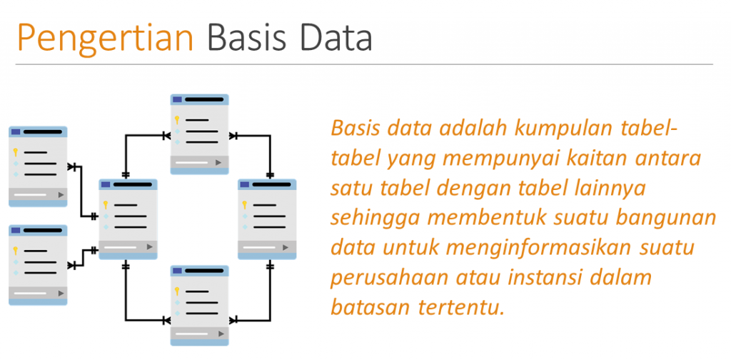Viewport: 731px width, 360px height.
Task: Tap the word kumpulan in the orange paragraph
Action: click(x=560, y=130)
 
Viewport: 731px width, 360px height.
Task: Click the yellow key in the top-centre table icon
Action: click(x=176, y=119)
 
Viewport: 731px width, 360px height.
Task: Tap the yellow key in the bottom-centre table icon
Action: click(x=176, y=291)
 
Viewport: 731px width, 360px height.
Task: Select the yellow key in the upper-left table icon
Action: click(x=14, y=151)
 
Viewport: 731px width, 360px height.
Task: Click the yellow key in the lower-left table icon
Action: click(x=14, y=250)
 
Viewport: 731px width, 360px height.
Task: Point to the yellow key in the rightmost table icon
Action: click(x=245, y=205)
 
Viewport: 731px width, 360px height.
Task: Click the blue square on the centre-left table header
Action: click(x=106, y=184)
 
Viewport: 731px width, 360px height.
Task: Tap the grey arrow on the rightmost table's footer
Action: click(x=289, y=246)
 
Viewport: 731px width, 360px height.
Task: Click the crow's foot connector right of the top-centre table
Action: click(x=233, y=134)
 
